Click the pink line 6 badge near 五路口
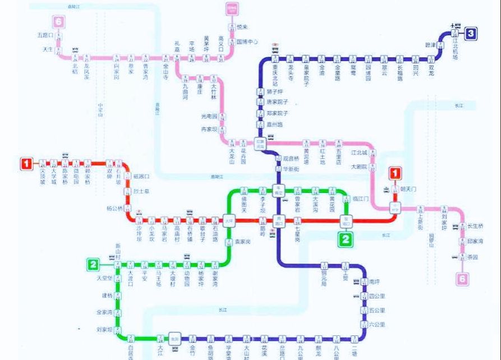point(58,22)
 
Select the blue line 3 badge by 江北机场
point(471,34)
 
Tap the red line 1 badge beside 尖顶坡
point(26,164)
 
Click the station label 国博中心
point(247,41)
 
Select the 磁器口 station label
point(141,176)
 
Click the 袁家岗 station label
point(242,241)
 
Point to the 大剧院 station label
point(359,167)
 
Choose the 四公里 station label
point(377,296)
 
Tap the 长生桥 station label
point(476,226)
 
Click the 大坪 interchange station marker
point(229,220)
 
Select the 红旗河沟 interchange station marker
point(260,143)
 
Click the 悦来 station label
point(242,26)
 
